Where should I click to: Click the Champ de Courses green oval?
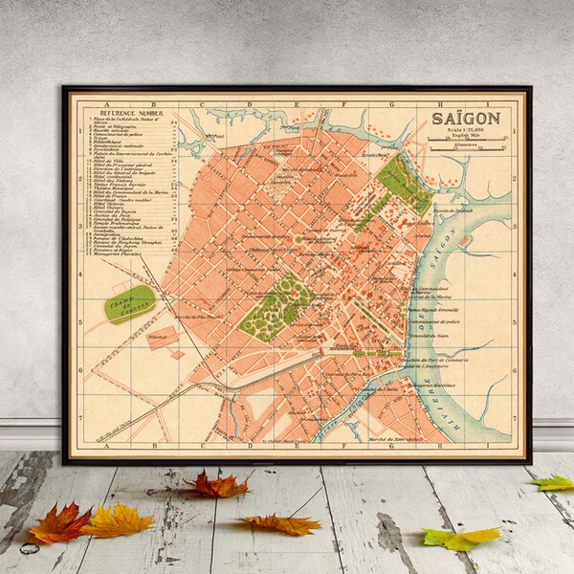tap(130, 303)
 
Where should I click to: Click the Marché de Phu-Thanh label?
tap(194, 316)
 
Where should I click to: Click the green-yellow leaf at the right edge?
tap(555, 483)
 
